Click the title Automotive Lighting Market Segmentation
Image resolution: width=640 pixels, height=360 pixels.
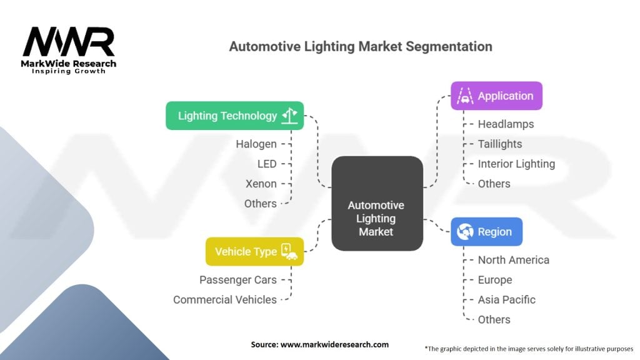361,47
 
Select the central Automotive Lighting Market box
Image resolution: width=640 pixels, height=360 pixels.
376,204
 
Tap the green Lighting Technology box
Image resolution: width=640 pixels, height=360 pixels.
234,116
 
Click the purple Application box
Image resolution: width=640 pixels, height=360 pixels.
496,96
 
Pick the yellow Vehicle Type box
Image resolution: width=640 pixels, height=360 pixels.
254,251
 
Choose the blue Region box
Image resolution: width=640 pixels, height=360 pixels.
486,232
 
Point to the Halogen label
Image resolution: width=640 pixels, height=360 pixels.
256,144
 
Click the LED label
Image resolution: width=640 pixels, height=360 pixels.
267,164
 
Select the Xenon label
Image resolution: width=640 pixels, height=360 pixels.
261,184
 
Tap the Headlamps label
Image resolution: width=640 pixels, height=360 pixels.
506,124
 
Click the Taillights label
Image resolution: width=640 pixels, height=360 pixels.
499,144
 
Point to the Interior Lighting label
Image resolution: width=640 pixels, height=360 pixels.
516,164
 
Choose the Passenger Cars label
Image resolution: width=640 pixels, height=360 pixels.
237,279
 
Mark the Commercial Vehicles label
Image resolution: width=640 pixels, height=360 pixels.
224,299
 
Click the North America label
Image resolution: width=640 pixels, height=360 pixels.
513,260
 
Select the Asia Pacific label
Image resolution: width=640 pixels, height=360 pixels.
506,299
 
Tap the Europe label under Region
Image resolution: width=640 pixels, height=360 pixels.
494,280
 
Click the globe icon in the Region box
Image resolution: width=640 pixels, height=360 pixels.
465,232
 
